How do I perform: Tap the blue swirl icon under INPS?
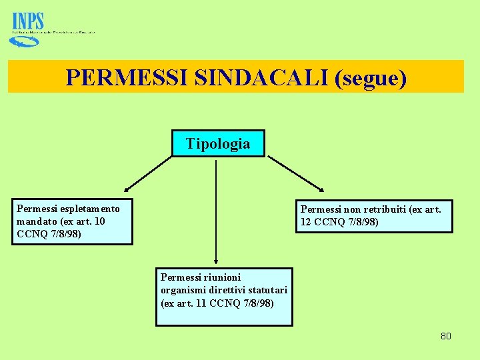[x=23, y=41]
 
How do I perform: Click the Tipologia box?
[x=218, y=143]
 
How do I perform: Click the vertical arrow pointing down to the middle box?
[x=216, y=213]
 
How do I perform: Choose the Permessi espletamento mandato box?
[x=72, y=221]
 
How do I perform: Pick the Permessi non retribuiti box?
[x=374, y=216]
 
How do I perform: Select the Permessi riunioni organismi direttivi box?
[x=224, y=297]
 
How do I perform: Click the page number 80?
[x=445, y=336]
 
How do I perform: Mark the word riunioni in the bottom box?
[x=223, y=277]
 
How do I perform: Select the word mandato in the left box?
[x=37, y=221]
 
